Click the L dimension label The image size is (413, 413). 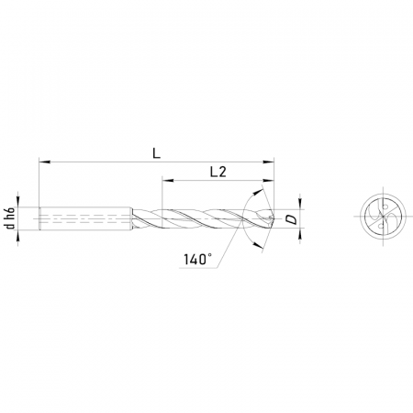point(157,153)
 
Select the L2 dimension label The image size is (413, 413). point(218,173)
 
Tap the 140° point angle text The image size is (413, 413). point(197,260)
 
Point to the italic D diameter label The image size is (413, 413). point(293,219)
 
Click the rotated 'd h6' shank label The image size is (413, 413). point(11,218)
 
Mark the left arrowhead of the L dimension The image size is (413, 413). point(44,162)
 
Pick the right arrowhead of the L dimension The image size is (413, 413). point(269,162)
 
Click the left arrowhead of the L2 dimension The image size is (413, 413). point(168,180)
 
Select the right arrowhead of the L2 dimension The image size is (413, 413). point(269,180)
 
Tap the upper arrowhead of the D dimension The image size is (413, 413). point(300,204)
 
